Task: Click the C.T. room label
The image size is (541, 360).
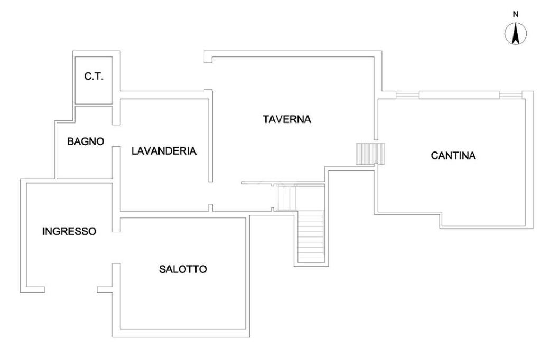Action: click(94, 77)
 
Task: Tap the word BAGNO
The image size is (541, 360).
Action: click(86, 141)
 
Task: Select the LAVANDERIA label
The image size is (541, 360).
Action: click(164, 151)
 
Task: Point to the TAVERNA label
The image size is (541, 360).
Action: click(287, 119)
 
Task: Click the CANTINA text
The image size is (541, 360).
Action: click(453, 156)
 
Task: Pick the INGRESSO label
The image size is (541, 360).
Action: click(69, 231)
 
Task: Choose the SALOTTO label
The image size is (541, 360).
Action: click(183, 269)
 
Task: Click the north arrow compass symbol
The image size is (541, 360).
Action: click(516, 34)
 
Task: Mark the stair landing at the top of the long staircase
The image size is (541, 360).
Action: click(288, 197)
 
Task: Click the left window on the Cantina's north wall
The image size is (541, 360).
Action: click(407, 95)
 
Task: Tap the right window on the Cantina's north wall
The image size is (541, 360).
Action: click(509, 95)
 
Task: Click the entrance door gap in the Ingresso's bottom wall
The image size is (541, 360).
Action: click(71, 289)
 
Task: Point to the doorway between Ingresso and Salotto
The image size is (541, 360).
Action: click(117, 248)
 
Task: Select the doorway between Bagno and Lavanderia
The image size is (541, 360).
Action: click(116, 136)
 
